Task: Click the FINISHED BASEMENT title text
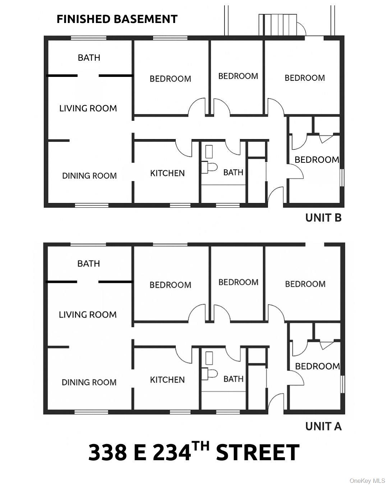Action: (x=117, y=19)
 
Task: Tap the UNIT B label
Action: (x=323, y=218)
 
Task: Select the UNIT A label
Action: (x=323, y=426)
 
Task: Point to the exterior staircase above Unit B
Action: (x=278, y=25)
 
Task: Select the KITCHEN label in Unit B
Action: (x=167, y=173)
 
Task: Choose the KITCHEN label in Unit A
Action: (x=167, y=380)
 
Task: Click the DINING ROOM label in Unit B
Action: (x=89, y=176)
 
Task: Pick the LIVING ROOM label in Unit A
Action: (x=88, y=315)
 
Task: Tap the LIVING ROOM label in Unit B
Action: (x=88, y=108)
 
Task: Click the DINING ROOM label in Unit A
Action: (x=89, y=382)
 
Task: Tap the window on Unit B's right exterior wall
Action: (x=342, y=177)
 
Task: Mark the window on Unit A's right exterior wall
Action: (x=342, y=384)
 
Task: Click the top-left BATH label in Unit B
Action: (x=89, y=57)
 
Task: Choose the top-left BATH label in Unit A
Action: (x=88, y=263)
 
